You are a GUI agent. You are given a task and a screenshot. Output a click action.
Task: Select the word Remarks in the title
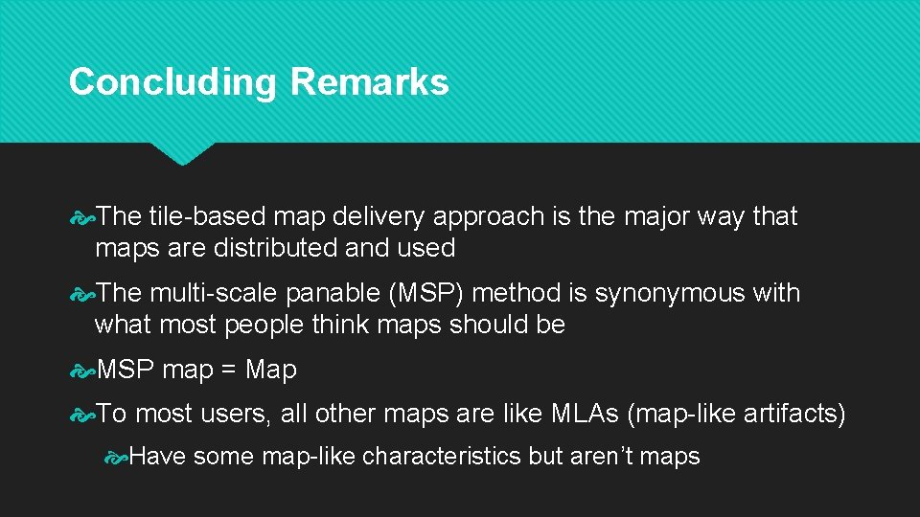click(369, 82)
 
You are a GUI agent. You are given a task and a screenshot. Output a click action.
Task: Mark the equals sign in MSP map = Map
click(229, 370)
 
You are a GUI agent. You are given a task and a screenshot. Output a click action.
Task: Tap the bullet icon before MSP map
click(84, 370)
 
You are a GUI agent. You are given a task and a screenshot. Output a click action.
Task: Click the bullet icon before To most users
click(84, 414)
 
